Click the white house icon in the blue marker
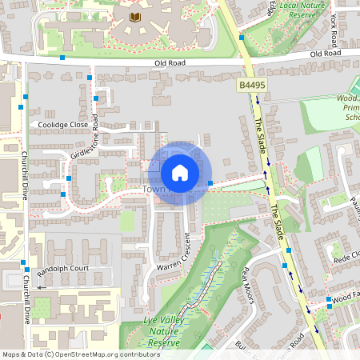coord(179,172)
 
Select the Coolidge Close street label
coord(62,125)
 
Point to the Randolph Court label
coord(59,270)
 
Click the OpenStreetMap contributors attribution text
coord(80,354)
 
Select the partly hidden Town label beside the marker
coord(152,190)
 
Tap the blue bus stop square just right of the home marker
coord(210,183)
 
